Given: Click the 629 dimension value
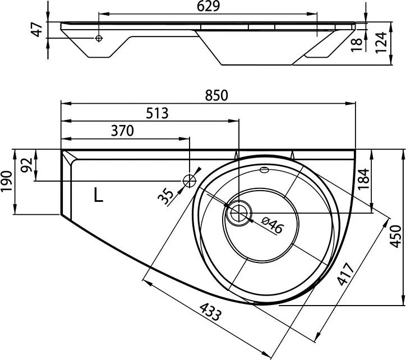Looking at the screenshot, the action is [208, 6].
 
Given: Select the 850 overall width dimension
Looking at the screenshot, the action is [216, 95].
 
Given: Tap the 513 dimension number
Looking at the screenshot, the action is [157, 113].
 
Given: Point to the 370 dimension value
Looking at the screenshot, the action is [122, 131].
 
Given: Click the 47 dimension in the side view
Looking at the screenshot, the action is [37, 30].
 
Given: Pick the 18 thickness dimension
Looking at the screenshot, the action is [356, 45].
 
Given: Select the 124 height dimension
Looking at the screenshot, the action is [381, 43].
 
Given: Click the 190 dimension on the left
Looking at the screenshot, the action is [7, 181].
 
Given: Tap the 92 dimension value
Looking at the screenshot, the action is [27, 165].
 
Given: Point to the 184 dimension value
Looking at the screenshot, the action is [364, 179].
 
